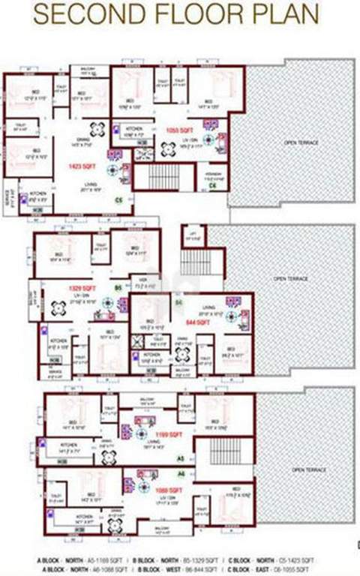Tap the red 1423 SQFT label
tap(79, 166)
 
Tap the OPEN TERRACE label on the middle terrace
tap(289, 278)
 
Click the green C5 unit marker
tap(118, 200)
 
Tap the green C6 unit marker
tap(214, 185)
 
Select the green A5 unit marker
tap(180, 457)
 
